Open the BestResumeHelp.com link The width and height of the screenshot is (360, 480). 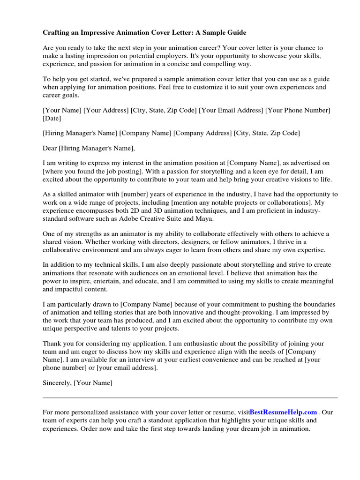point(283,412)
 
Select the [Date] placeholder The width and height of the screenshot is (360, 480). point(52,119)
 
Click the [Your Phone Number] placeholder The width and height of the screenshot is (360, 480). point(298,110)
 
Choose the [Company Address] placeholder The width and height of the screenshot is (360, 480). point(202,133)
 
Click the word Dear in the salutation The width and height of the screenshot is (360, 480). point(49,148)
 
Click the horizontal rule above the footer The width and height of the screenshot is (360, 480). point(190,397)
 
